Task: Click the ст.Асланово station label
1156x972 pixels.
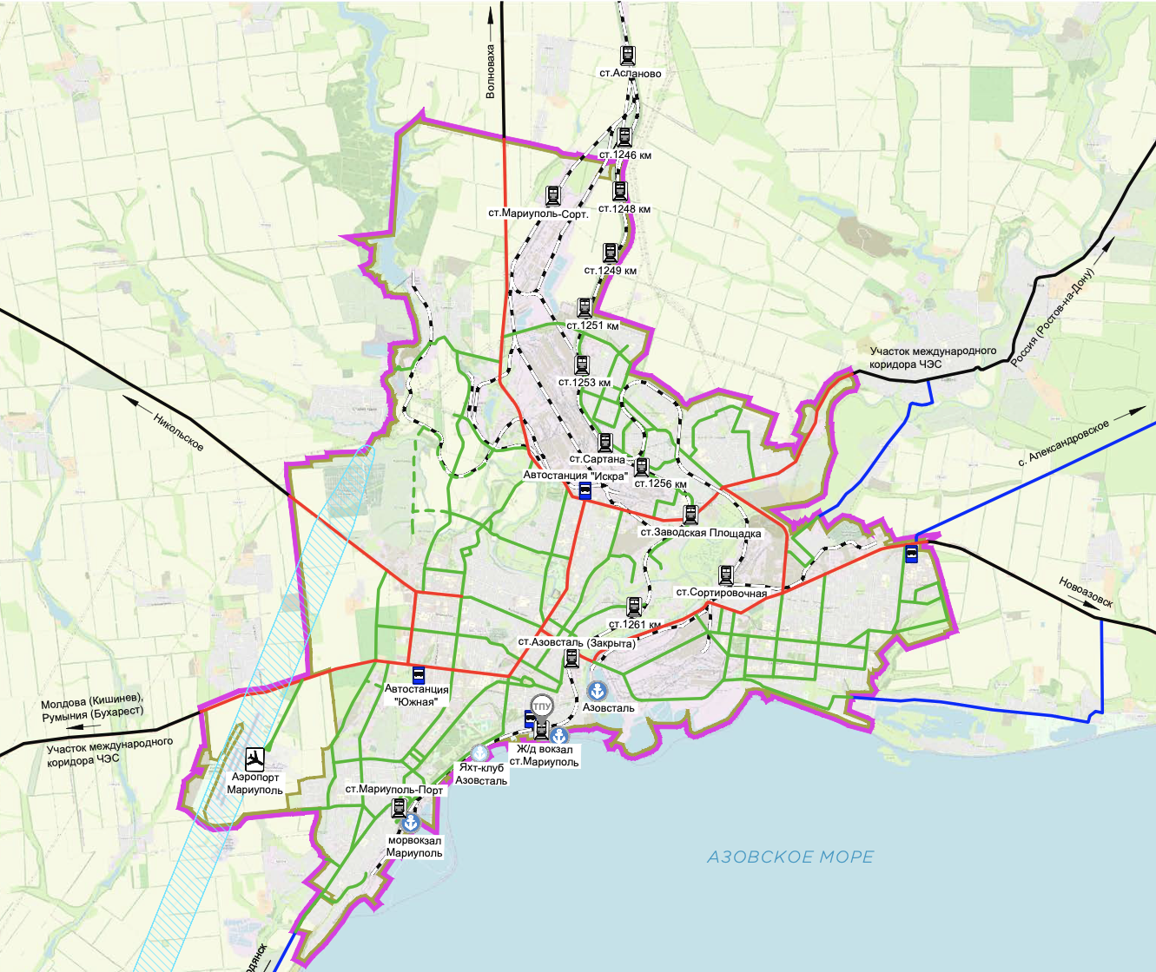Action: click(x=630, y=74)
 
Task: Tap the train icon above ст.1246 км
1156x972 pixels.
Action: click(x=624, y=137)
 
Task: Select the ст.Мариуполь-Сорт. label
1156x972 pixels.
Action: click(x=538, y=213)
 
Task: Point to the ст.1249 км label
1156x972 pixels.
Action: click(x=611, y=271)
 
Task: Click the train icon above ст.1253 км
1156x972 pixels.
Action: click(x=582, y=364)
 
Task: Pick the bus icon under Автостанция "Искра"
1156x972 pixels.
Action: click(x=585, y=491)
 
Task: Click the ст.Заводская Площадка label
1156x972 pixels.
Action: click(x=701, y=533)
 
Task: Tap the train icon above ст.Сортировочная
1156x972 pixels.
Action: click(x=726, y=575)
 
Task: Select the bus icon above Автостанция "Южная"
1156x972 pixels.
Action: click(x=418, y=674)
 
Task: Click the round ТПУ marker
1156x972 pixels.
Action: click(x=541, y=706)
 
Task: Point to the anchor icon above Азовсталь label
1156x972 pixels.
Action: click(x=598, y=691)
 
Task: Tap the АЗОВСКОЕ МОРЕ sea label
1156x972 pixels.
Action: click(x=790, y=857)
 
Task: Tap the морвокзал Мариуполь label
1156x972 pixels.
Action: click(x=414, y=846)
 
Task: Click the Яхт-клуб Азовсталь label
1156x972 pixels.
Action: click(x=481, y=774)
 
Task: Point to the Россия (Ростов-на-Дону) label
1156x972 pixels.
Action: click(x=1054, y=317)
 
